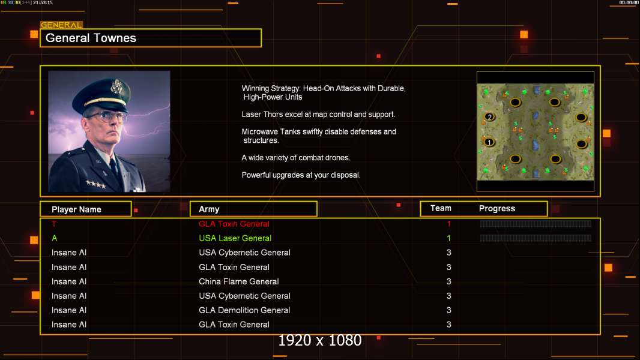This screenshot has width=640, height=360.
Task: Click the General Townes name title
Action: coord(91,38)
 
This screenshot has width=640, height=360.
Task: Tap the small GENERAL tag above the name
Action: coord(61,25)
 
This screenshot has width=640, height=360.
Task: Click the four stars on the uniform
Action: coord(95,184)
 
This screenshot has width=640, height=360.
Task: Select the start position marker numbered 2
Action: coord(489,117)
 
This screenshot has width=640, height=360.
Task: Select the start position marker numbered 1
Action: coord(489,142)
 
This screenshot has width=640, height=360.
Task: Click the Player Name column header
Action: coord(76,209)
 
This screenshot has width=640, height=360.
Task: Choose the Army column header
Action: coord(209,209)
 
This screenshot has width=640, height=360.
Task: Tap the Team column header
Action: coord(441,208)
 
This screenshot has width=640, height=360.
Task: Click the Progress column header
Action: coord(497,209)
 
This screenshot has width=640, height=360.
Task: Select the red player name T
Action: coord(54,224)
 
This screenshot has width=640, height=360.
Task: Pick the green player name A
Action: coord(54,238)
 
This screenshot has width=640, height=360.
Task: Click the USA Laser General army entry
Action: coord(235,238)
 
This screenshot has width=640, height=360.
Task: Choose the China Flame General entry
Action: coord(239,281)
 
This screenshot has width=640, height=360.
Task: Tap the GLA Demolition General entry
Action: coord(244,310)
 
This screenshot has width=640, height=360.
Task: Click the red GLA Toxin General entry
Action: coord(234,224)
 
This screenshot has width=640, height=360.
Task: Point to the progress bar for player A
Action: coord(536,238)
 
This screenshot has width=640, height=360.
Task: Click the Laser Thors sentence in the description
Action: coord(318,115)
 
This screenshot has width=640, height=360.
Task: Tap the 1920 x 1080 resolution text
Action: coord(319,340)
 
